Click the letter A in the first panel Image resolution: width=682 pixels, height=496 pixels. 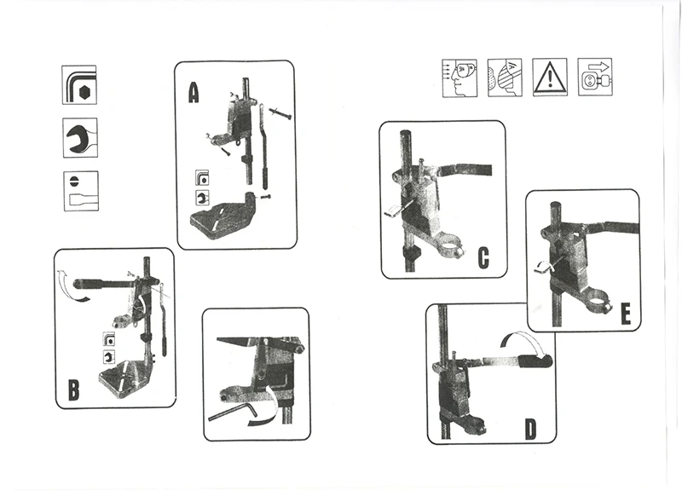[194, 91]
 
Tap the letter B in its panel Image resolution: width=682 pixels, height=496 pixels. [73, 390]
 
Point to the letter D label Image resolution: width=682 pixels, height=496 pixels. [530, 428]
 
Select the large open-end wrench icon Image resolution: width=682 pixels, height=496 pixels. [80, 136]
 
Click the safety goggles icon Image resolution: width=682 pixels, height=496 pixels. [457, 77]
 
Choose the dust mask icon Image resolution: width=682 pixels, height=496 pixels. [504, 77]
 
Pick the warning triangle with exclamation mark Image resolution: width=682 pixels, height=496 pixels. [550, 78]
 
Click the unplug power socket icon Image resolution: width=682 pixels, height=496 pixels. [595, 77]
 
